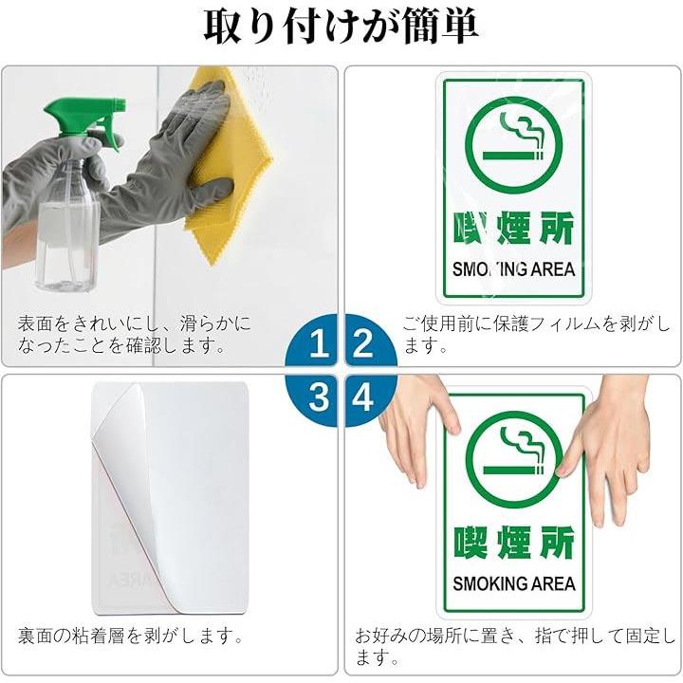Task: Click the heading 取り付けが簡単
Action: [x=341, y=27]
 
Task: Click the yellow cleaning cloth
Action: [x=227, y=165]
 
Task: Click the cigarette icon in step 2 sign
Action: [x=514, y=145]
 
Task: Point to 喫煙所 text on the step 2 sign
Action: [x=514, y=229]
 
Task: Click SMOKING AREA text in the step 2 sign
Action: [x=514, y=269]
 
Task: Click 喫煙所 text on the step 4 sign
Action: [x=514, y=543]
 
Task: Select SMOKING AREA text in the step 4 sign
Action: [x=514, y=583]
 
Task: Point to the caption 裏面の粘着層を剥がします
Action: [x=131, y=636]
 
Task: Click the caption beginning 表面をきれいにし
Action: [x=134, y=334]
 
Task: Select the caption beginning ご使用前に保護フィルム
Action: [x=536, y=334]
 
